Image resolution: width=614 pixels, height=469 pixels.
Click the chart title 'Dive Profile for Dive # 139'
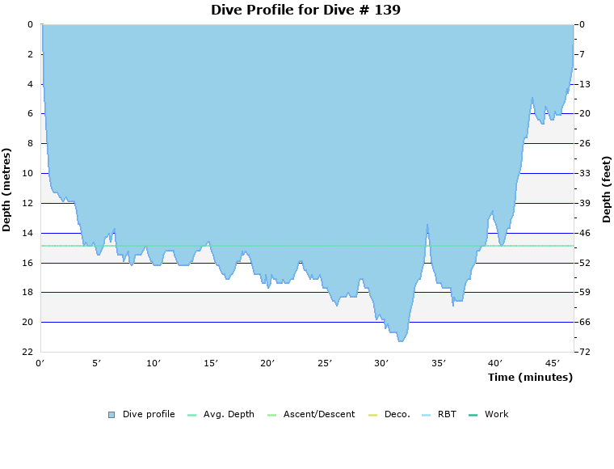click(305, 10)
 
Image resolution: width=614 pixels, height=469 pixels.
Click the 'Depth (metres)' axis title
click(7, 189)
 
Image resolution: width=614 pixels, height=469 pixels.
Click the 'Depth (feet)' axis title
click(606, 189)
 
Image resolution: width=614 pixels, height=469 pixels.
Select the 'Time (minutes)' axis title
click(530, 377)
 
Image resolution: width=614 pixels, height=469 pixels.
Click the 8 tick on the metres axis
click(30, 144)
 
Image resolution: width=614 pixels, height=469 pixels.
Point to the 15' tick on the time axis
click(211, 364)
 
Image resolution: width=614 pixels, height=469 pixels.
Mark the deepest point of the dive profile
click(400, 341)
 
